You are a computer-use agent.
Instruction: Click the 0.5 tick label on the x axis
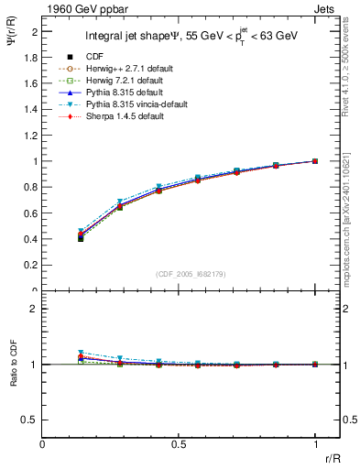179,442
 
